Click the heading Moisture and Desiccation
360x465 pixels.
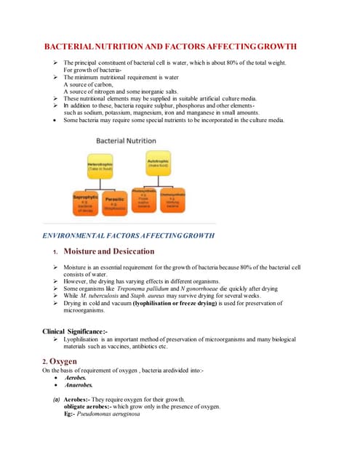[x=108, y=251]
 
